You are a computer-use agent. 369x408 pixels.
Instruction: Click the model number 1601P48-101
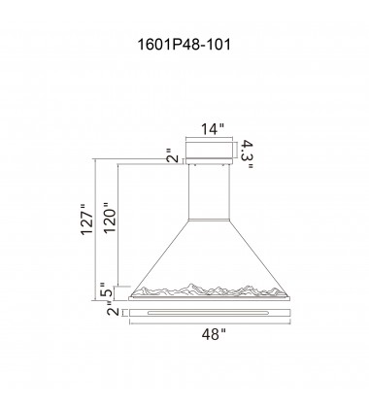point(184,44)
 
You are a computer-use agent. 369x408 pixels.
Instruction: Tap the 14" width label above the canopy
point(213,129)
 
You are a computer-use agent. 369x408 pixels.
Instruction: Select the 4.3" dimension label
point(248,154)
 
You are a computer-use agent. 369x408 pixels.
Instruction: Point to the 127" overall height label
point(87,220)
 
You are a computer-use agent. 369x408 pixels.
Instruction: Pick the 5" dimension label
point(107,290)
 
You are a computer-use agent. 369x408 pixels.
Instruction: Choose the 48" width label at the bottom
point(214,334)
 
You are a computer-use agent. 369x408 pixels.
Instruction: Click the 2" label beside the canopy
point(174,155)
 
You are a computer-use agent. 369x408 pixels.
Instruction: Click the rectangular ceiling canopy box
point(209,151)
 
